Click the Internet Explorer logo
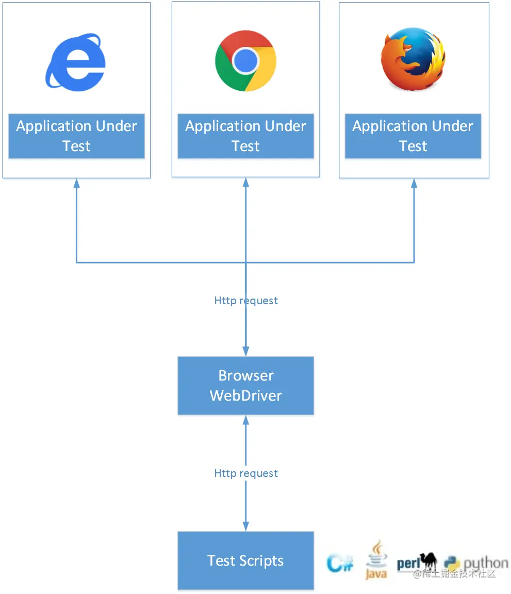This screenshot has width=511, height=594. pos(75,62)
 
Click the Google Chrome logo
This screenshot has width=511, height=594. pos(245,61)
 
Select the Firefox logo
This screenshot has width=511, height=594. pos(413,59)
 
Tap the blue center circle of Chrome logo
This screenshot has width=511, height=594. pos(245,61)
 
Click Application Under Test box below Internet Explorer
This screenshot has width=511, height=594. pos(76,136)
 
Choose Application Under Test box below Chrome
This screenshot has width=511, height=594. pos(245,136)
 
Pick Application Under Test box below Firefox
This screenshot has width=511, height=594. pos(413,136)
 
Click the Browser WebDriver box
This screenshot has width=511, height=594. pos(245,386)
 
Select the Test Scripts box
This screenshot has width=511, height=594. pos(245,560)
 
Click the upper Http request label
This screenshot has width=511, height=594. pos(246,301)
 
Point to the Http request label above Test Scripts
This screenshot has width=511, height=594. pos(246,473)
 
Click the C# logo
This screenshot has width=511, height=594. pos(340,563)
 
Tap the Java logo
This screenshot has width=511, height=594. pos(376,560)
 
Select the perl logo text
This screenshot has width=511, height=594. pos(408,563)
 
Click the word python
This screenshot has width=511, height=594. pos(486,564)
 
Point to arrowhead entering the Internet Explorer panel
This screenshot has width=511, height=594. pos(76,183)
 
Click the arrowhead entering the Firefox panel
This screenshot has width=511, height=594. pos(414,183)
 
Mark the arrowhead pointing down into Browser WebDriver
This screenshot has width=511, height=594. pos(246,351)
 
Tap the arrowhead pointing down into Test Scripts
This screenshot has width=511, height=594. pos(246,526)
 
